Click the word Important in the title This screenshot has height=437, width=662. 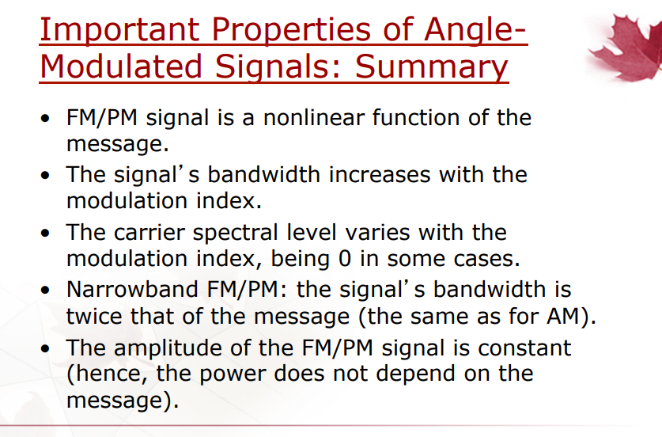click(x=119, y=29)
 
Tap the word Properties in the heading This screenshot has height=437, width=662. click(x=291, y=29)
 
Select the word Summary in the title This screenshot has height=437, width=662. click(x=431, y=67)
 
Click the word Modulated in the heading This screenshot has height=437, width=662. click(x=121, y=66)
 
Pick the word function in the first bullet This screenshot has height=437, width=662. click(x=415, y=117)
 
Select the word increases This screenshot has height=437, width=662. click(x=379, y=174)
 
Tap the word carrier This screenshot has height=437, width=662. click(x=149, y=233)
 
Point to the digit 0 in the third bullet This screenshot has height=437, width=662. click(x=345, y=259)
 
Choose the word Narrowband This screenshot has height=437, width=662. click(x=132, y=290)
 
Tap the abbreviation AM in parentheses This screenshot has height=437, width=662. click(x=563, y=316)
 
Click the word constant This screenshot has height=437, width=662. click(x=524, y=348)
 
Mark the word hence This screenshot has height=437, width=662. click(x=108, y=374)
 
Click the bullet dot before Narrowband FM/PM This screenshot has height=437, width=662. click(x=45, y=291)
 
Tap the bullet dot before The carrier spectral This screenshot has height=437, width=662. click(x=45, y=233)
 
